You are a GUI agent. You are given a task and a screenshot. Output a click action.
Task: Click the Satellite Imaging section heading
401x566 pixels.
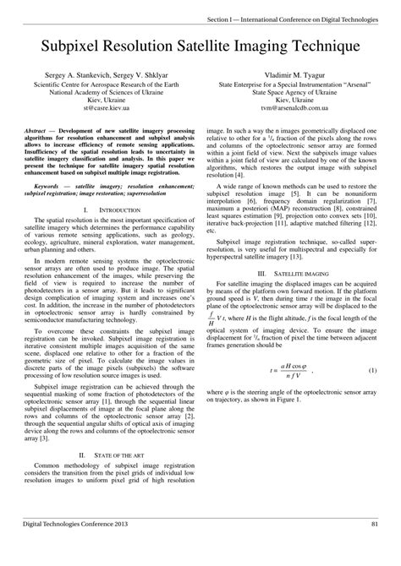pos(302,251)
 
